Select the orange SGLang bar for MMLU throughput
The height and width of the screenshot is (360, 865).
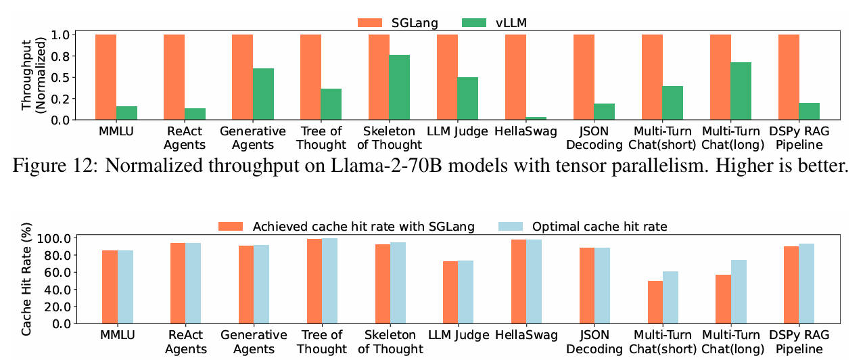coord(106,77)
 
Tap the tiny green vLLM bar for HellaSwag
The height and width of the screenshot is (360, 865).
coord(536,118)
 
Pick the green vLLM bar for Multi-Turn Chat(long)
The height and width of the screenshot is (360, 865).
coord(741,91)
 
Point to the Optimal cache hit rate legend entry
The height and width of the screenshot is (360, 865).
coord(583,226)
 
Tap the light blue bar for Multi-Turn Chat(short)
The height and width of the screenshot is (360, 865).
coord(670,297)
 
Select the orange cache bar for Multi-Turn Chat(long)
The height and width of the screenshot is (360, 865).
coord(722,298)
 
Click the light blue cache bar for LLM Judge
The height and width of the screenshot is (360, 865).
coord(466,292)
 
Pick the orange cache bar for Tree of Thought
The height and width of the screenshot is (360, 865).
coord(314,281)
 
